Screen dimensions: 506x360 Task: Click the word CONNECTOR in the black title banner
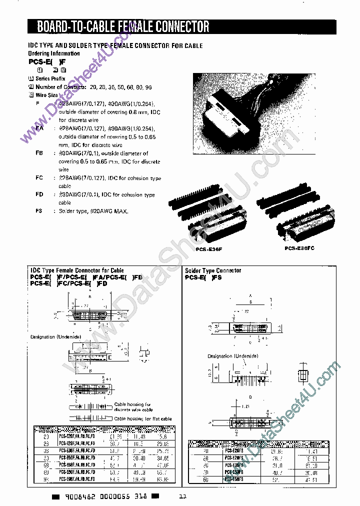tap(179, 26)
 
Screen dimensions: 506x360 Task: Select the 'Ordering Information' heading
tap(53, 53)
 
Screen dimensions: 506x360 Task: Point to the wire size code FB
tap(39, 153)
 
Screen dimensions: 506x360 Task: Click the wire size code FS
tap(38, 211)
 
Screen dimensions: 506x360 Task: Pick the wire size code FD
tap(39, 194)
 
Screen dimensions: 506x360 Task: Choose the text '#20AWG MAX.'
tap(109, 211)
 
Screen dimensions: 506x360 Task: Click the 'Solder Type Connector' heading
tap(213, 270)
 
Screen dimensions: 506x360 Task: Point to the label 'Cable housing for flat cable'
tap(142, 418)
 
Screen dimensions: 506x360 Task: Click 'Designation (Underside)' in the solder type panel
tap(233, 355)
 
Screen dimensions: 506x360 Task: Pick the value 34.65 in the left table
tap(162, 457)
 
